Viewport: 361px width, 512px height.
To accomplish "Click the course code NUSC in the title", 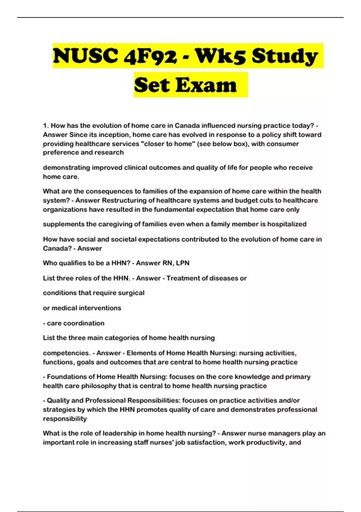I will pyautogui.click(x=85, y=56).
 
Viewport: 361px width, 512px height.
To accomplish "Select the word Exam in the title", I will pyautogui.click(x=206, y=85).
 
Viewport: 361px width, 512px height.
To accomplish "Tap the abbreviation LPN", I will pyautogui.click(x=183, y=263).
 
